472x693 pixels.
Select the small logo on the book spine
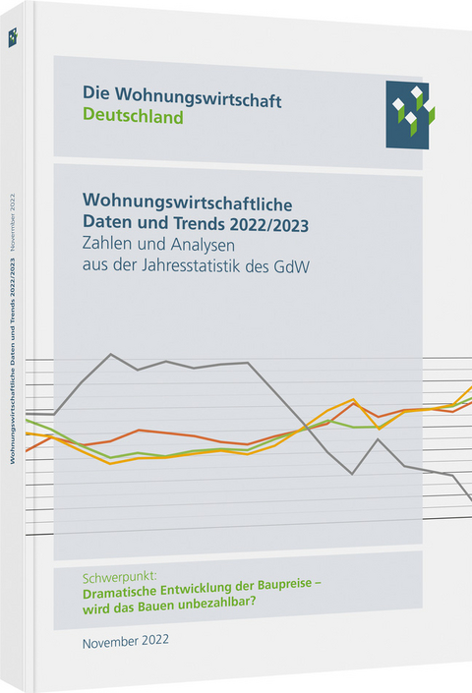[13, 37]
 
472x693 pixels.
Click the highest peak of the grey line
[110, 354]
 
